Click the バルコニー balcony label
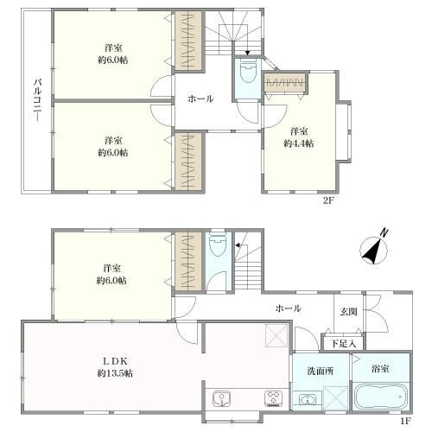(38, 100)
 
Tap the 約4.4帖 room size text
(299, 143)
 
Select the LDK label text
(115, 361)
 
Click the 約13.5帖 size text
(115, 373)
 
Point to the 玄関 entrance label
(349, 311)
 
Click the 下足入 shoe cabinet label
(343, 343)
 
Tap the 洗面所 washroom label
(321, 371)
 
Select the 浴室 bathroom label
(380, 368)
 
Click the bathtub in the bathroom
(380, 397)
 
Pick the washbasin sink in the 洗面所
(308, 400)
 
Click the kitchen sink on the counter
(221, 398)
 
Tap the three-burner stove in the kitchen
(273, 398)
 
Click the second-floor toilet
(247, 73)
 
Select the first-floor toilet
(218, 245)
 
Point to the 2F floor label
(327, 200)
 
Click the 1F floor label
(405, 422)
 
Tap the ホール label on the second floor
(200, 98)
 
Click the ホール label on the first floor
(289, 308)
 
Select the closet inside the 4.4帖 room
(285, 83)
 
